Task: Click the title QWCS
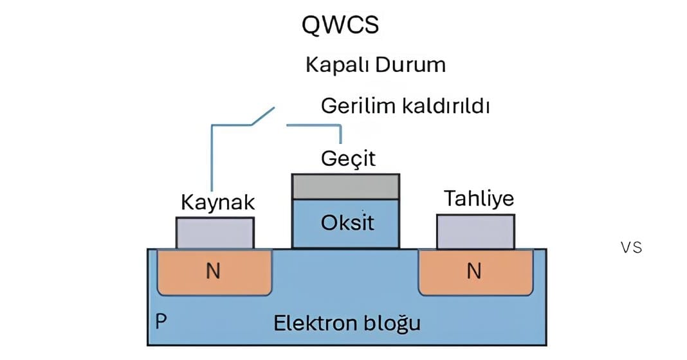(340, 25)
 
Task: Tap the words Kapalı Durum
(376, 65)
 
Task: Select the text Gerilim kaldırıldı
(405, 106)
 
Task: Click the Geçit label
(348, 158)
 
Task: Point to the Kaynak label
(218, 203)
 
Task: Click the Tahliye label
(479, 199)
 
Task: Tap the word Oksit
(347, 224)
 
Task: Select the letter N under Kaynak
(213, 271)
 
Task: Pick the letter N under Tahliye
(474, 271)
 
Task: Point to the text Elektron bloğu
(347, 322)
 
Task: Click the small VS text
(632, 248)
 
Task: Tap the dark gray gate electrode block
(345, 186)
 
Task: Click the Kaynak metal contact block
(214, 233)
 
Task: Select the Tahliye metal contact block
(475, 231)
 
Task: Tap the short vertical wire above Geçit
(340, 134)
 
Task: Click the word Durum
(416, 65)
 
